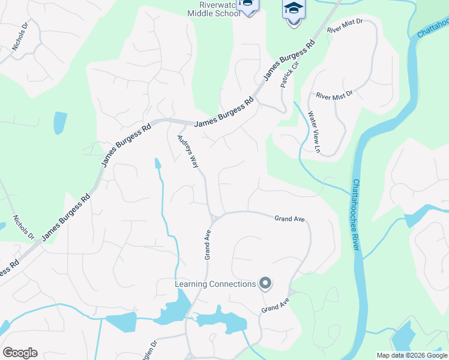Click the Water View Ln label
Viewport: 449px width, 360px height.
pyautogui.click(x=314, y=131)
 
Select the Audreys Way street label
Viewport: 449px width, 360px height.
pyautogui.click(x=187, y=151)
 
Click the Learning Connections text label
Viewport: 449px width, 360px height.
pyautogui.click(x=215, y=284)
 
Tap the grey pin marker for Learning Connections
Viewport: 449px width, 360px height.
pyautogui.click(x=265, y=284)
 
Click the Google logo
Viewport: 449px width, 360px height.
pyautogui.click(x=20, y=353)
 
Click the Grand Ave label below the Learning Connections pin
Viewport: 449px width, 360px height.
pyautogui.click(x=276, y=304)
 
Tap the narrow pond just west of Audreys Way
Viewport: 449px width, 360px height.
pyautogui.click(x=157, y=163)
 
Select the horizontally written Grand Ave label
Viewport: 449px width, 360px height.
pyautogui.click(x=290, y=219)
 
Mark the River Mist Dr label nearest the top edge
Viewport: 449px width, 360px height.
pyautogui.click(x=346, y=26)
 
